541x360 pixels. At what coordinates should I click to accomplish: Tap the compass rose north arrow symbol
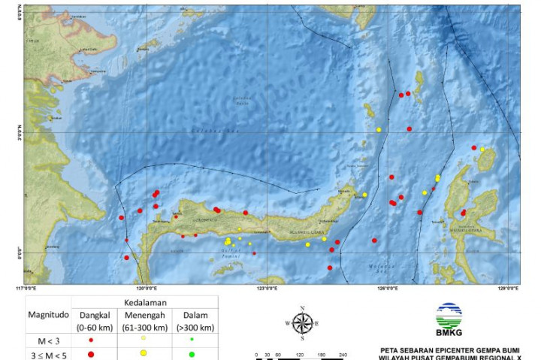(302, 323)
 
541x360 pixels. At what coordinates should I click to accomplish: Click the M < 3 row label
(47, 340)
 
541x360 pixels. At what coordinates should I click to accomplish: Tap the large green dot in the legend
(192, 354)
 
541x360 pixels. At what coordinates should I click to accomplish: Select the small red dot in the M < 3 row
(91, 340)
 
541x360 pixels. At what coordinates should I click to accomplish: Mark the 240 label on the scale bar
(343, 354)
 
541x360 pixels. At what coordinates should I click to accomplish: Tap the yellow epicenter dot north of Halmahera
(482, 149)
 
